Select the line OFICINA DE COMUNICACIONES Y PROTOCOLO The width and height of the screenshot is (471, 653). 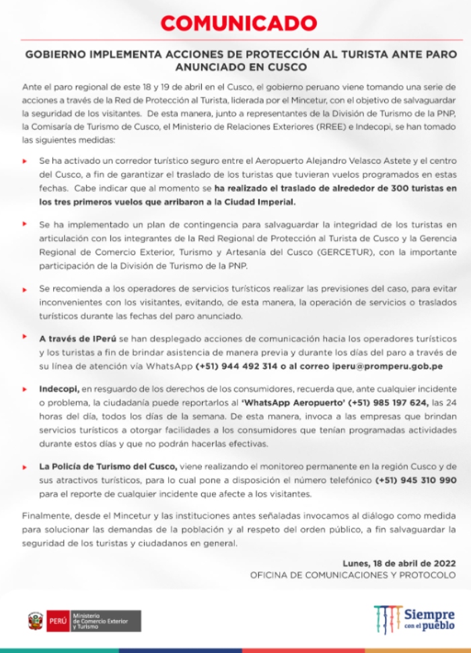353,576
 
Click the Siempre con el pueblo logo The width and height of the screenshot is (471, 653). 414,618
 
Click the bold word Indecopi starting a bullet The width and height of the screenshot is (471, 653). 59,390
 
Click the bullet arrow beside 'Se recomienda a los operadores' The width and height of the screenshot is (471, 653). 25,287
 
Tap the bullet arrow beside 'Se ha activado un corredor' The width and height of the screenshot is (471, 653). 25,162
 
